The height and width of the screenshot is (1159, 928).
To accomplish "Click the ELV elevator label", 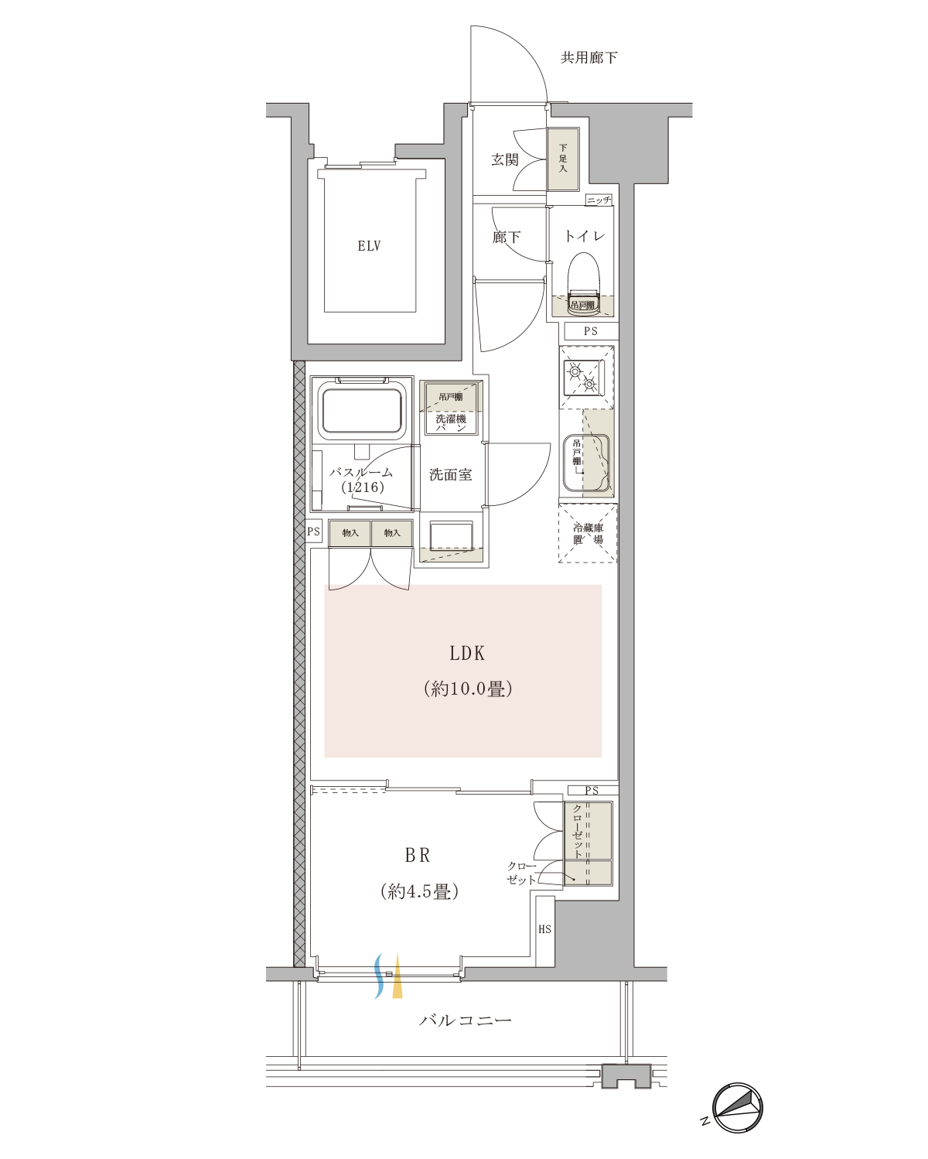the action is (x=369, y=246).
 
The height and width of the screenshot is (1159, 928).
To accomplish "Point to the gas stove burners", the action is (x=582, y=378).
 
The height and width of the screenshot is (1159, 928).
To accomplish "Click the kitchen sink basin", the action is (x=587, y=463).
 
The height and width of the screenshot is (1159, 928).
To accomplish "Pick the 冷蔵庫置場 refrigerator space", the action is (x=587, y=533).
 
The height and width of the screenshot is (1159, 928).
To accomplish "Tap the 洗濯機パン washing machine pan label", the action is (x=451, y=422).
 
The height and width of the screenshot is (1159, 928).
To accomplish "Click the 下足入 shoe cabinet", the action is (x=563, y=159).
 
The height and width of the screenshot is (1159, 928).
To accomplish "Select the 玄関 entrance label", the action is (x=504, y=159).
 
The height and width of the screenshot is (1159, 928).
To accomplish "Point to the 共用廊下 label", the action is (x=589, y=57).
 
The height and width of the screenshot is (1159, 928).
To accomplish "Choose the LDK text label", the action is (x=466, y=653).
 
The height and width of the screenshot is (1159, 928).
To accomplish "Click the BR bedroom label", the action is (x=417, y=855).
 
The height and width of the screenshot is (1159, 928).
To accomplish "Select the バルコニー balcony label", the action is (x=465, y=1020).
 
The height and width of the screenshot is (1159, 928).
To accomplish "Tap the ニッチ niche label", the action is (x=599, y=200).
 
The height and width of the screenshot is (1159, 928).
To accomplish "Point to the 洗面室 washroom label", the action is (x=451, y=474).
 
